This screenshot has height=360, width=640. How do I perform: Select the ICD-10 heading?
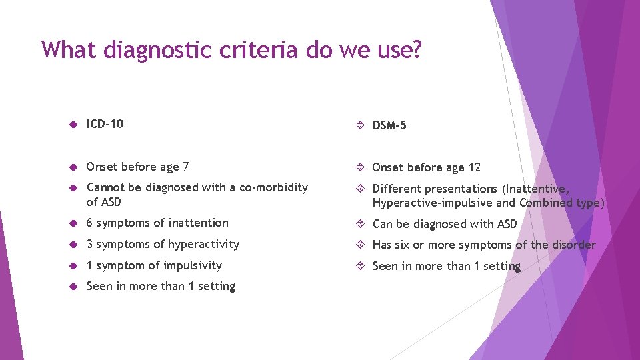click(105, 124)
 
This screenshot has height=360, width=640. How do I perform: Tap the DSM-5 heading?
click(389, 125)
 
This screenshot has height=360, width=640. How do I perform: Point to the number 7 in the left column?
click(185, 167)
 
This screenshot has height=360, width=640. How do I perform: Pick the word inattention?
click(197, 223)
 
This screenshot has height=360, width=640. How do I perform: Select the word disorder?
click(574, 245)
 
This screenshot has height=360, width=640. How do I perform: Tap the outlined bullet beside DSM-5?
click(360, 126)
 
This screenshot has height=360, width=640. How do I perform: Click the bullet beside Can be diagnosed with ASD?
click(360, 225)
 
